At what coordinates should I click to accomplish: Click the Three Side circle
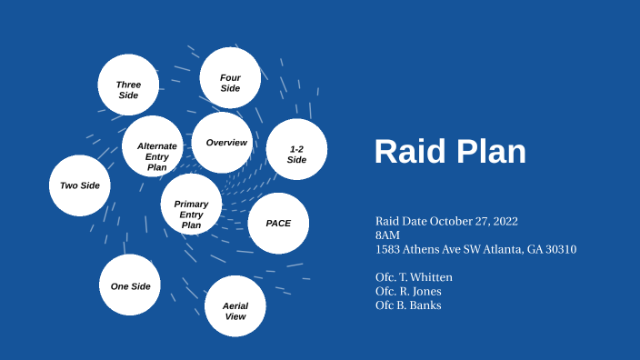pyautogui.click(x=128, y=85)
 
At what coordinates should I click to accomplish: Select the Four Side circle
pyautogui.click(x=230, y=78)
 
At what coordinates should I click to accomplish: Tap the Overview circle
pyautogui.click(x=223, y=143)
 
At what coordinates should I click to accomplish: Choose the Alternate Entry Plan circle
pyautogui.click(x=154, y=146)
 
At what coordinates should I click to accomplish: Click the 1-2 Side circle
pyautogui.click(x=296, y=150)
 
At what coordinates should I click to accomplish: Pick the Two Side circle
pyautogui.click(x=80, y=185)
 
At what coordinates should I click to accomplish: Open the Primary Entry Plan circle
pyautogui.click(x=191, y=205)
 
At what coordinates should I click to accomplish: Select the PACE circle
pyautogui.click(x=278, y=223)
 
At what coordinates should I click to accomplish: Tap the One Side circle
pyautogui.click(x=130, y=285)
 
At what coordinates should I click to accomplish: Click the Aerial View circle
pyautogui.click(x=235, y=306)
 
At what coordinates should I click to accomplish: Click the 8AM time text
pyautogui.click(x=387, y=235)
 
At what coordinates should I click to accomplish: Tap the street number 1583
pyautogui.click(x=388, y=249)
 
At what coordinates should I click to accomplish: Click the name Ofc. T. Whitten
pyautogui.click(x=414, y=277)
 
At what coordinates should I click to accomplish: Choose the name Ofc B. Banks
pyautogui.click(x=408, y=305)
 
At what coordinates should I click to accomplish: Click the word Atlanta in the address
pyautogui.click(x=495, y=249)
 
